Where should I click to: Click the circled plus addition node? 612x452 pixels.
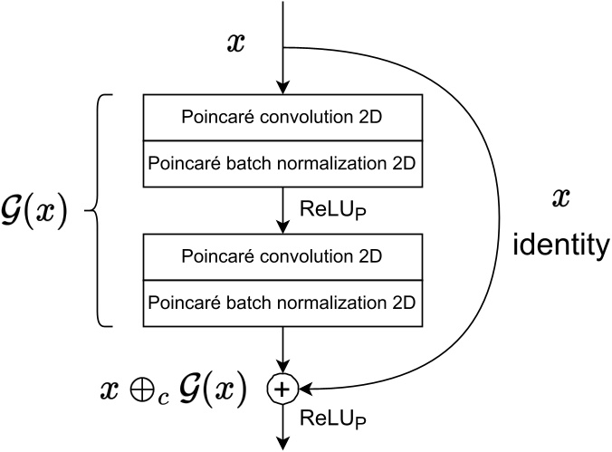click(282, 389)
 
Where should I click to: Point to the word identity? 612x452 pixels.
click(561, 245)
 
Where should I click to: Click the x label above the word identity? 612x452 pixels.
click(561, 199)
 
